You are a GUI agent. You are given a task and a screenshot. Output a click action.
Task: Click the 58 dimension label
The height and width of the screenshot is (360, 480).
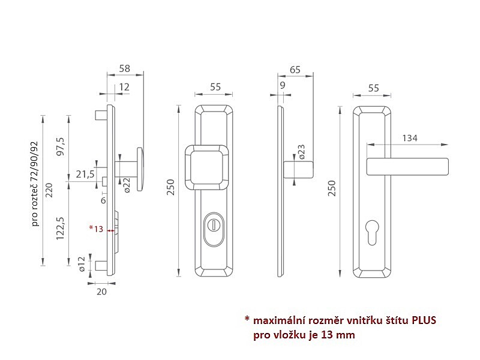pos(125,68)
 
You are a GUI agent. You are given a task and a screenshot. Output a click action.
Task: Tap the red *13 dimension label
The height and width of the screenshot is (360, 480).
pos(96,229)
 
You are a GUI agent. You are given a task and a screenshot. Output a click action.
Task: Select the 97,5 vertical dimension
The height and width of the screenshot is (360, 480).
pos(61,146)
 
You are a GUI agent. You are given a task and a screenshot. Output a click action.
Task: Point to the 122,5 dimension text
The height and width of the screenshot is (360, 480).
pos(60,228)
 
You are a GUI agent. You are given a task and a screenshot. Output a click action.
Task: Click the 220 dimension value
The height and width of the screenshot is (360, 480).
pos(49,190)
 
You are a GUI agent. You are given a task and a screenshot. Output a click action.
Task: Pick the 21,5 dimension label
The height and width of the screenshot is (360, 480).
pos(85,174)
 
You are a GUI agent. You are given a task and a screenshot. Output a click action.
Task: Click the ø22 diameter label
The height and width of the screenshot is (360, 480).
pos(127,185)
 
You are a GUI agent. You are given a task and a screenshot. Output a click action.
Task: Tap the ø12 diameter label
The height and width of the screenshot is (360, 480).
pos(82,264)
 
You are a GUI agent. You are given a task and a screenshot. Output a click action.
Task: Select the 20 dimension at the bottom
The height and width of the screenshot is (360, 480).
pos(101,292)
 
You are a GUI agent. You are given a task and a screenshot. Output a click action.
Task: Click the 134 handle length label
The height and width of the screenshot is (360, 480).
pos(410,138)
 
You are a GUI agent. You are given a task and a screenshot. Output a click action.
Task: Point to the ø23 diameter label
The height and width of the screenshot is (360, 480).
pos(301,152)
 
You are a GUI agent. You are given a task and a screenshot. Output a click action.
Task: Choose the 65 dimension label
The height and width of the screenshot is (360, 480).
pos(295,70)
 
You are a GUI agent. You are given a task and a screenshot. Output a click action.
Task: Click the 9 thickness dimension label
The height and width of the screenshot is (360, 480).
pos(282,85)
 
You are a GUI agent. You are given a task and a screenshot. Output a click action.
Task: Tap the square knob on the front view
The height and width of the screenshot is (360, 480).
pos(208,167)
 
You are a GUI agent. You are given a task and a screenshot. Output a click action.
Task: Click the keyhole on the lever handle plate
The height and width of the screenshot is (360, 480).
pos(371,232)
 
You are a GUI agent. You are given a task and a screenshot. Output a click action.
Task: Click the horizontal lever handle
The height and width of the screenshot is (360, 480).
pos(407,167)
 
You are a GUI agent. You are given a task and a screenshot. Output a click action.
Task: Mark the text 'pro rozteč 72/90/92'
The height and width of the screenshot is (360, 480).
pos(35,184)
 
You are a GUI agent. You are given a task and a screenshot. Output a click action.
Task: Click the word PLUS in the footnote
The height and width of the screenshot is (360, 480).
pos(424,320)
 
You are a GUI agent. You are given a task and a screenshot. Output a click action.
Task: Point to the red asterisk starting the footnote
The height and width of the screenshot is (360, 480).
pos(247,319)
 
